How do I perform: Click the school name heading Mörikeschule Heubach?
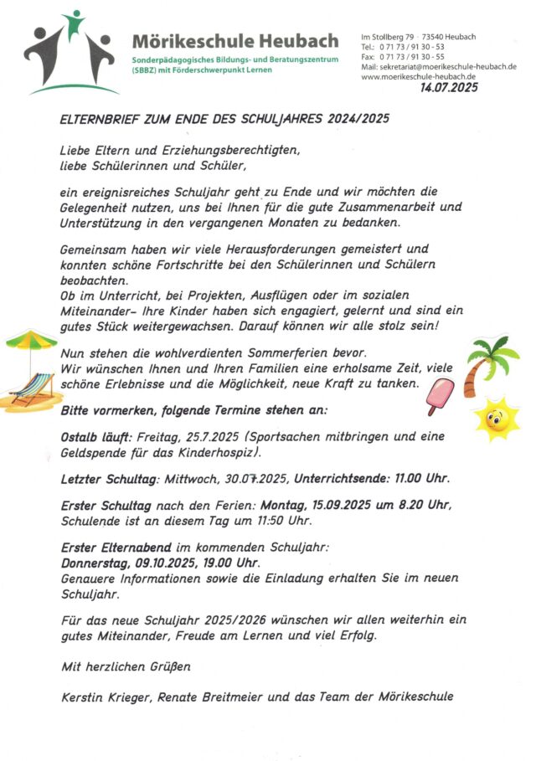click(x=235, y=41)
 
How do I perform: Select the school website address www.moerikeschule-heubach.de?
click(x=419, y=77)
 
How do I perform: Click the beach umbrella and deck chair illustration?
click(x=31, y=372)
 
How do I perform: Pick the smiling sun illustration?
click(x=496, y=419)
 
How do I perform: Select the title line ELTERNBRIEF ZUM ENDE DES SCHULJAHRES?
click(x=225, y=120)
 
